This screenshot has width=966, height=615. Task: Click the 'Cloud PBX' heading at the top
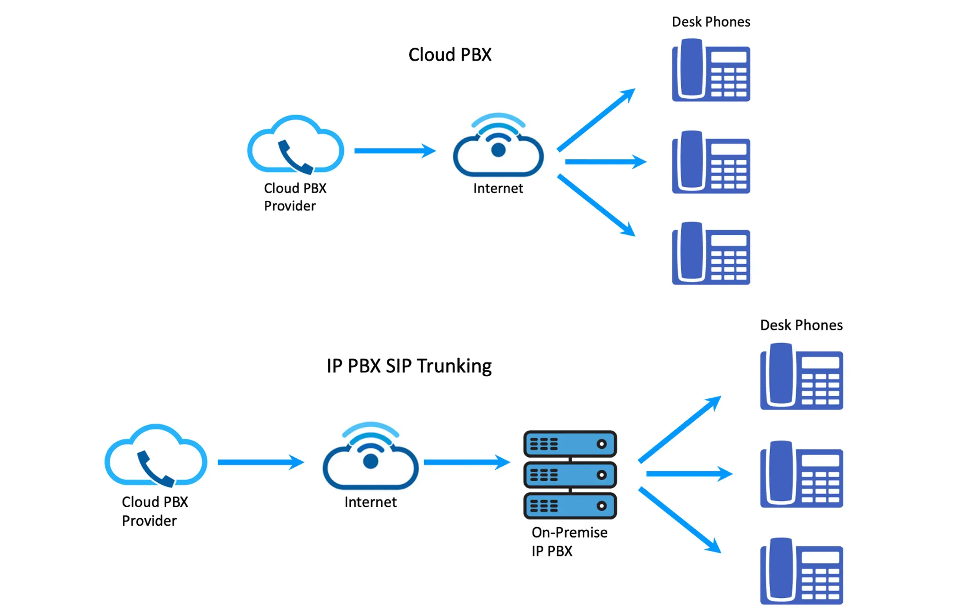click(x=450, y=54)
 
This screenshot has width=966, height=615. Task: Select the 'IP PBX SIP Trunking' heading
click(x=409, y=366)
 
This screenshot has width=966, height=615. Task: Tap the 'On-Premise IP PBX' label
click(x=569, y=541)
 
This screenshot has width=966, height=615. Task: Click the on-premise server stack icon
click(x=570, y=474)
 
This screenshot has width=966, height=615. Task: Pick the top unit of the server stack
click(x=570, y=444)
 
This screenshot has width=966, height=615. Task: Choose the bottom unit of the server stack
click(x=570, y=505)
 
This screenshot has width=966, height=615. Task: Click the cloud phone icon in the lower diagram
click(x=156, y=455)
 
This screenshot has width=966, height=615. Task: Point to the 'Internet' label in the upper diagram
click(x=498, y=188)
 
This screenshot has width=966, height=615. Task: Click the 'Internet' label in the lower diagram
click(x=370, y=502)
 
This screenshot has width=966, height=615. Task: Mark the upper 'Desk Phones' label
click(x=711, y=22)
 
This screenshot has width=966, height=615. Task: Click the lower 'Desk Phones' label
click(x=801, y=325)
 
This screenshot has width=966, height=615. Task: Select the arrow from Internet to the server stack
click(x=466, y=462)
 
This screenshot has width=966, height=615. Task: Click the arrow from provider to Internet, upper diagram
click(x=394, y=151)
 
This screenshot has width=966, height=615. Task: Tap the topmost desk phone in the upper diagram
click(x=711, y=70)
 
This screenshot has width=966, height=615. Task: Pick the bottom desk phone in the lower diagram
click(x=801, y=571)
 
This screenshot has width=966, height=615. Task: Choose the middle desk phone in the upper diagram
click(x=711, y=162)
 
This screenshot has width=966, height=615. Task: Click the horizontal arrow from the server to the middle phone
click(x=689, y=474)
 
